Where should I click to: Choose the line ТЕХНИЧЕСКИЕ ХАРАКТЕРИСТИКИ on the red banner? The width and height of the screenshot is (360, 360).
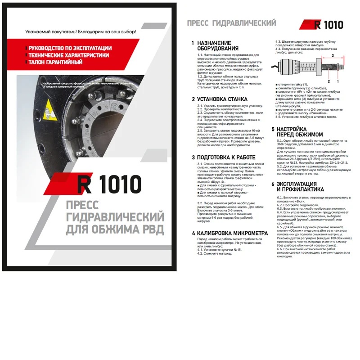coord(69,54)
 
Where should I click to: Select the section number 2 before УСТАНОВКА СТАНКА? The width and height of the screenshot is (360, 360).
coord(193,99)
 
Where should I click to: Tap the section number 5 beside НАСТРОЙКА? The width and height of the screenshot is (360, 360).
coord(272,129)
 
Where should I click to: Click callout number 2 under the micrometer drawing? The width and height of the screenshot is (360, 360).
coord(329,81)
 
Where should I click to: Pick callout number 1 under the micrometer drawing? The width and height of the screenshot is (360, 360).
coord(338,81)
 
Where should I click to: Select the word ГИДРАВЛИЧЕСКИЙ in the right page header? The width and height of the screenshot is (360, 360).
coord(254,22)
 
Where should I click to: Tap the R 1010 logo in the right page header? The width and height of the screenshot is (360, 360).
coord(322,25)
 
